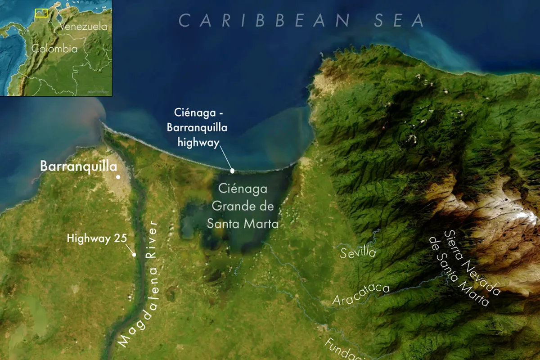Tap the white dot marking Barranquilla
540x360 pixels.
pyautogui.click(x=118, y=177)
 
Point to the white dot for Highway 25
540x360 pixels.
pyautogui.click(x=134, y=255)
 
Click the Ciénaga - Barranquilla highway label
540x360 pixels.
pyautogui.click(x=197, y=127)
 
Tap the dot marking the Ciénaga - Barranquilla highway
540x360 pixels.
pyautogui.click(x=232, y=171)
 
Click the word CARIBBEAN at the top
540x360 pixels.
pyautogui.click(x=264, y=20)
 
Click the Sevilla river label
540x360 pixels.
pyautogui.click(x=358, y=252)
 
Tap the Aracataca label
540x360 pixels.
pyautogui.click(x=360, y=295)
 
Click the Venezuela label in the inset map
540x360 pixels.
pyautogui.click(x=83, y=27)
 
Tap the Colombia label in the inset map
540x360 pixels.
pyautogui.click(x=54, y=49)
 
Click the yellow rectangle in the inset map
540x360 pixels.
pyautogui.click(x=41, y=13)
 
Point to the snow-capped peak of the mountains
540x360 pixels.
pyautogui.click(x=517, y=211)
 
